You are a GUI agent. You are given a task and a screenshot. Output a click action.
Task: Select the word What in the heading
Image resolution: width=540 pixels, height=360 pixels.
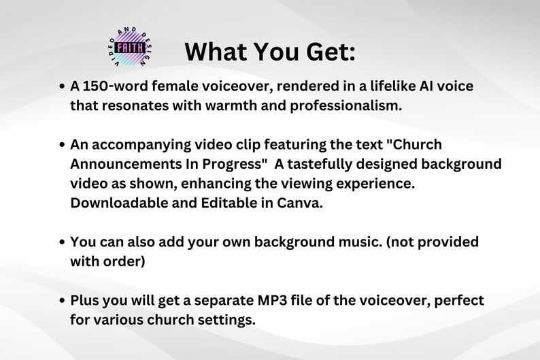click(x=216, y=51)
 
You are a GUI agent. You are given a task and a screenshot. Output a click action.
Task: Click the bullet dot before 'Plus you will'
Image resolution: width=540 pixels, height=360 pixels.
click(x=62, y=300)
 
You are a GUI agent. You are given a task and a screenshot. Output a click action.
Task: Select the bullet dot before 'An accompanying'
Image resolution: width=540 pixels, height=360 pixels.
click(x=62, y=146)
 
